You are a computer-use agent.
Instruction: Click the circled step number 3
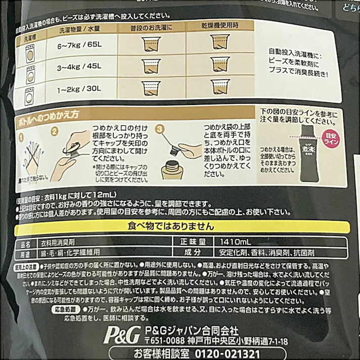[x=160, y=129]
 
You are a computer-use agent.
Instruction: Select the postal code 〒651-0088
[x=166, y=341]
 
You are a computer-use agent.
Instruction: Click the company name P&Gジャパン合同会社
[x=191, y=331]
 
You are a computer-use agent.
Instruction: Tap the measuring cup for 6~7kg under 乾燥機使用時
[x=220, y=44]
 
